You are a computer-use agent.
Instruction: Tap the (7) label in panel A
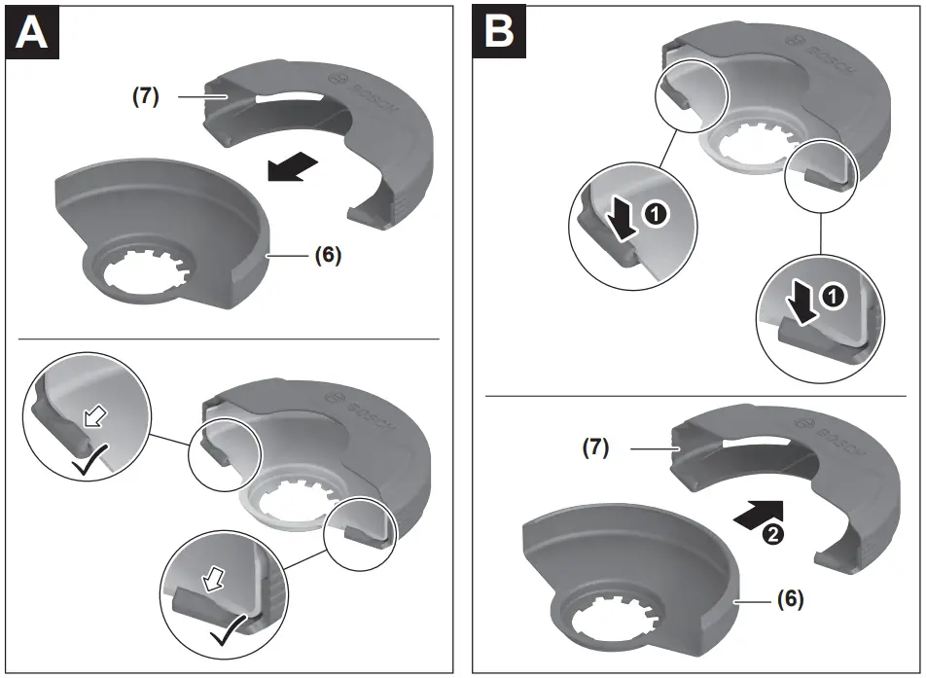pos(146,96)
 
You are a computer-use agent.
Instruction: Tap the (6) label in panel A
pos(328,256)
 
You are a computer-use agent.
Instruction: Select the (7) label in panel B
pos(596,448)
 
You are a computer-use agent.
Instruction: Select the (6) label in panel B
pos(790,600)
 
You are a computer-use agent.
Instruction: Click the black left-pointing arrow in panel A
pos(294,167)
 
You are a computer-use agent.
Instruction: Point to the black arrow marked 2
pos(758,512)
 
